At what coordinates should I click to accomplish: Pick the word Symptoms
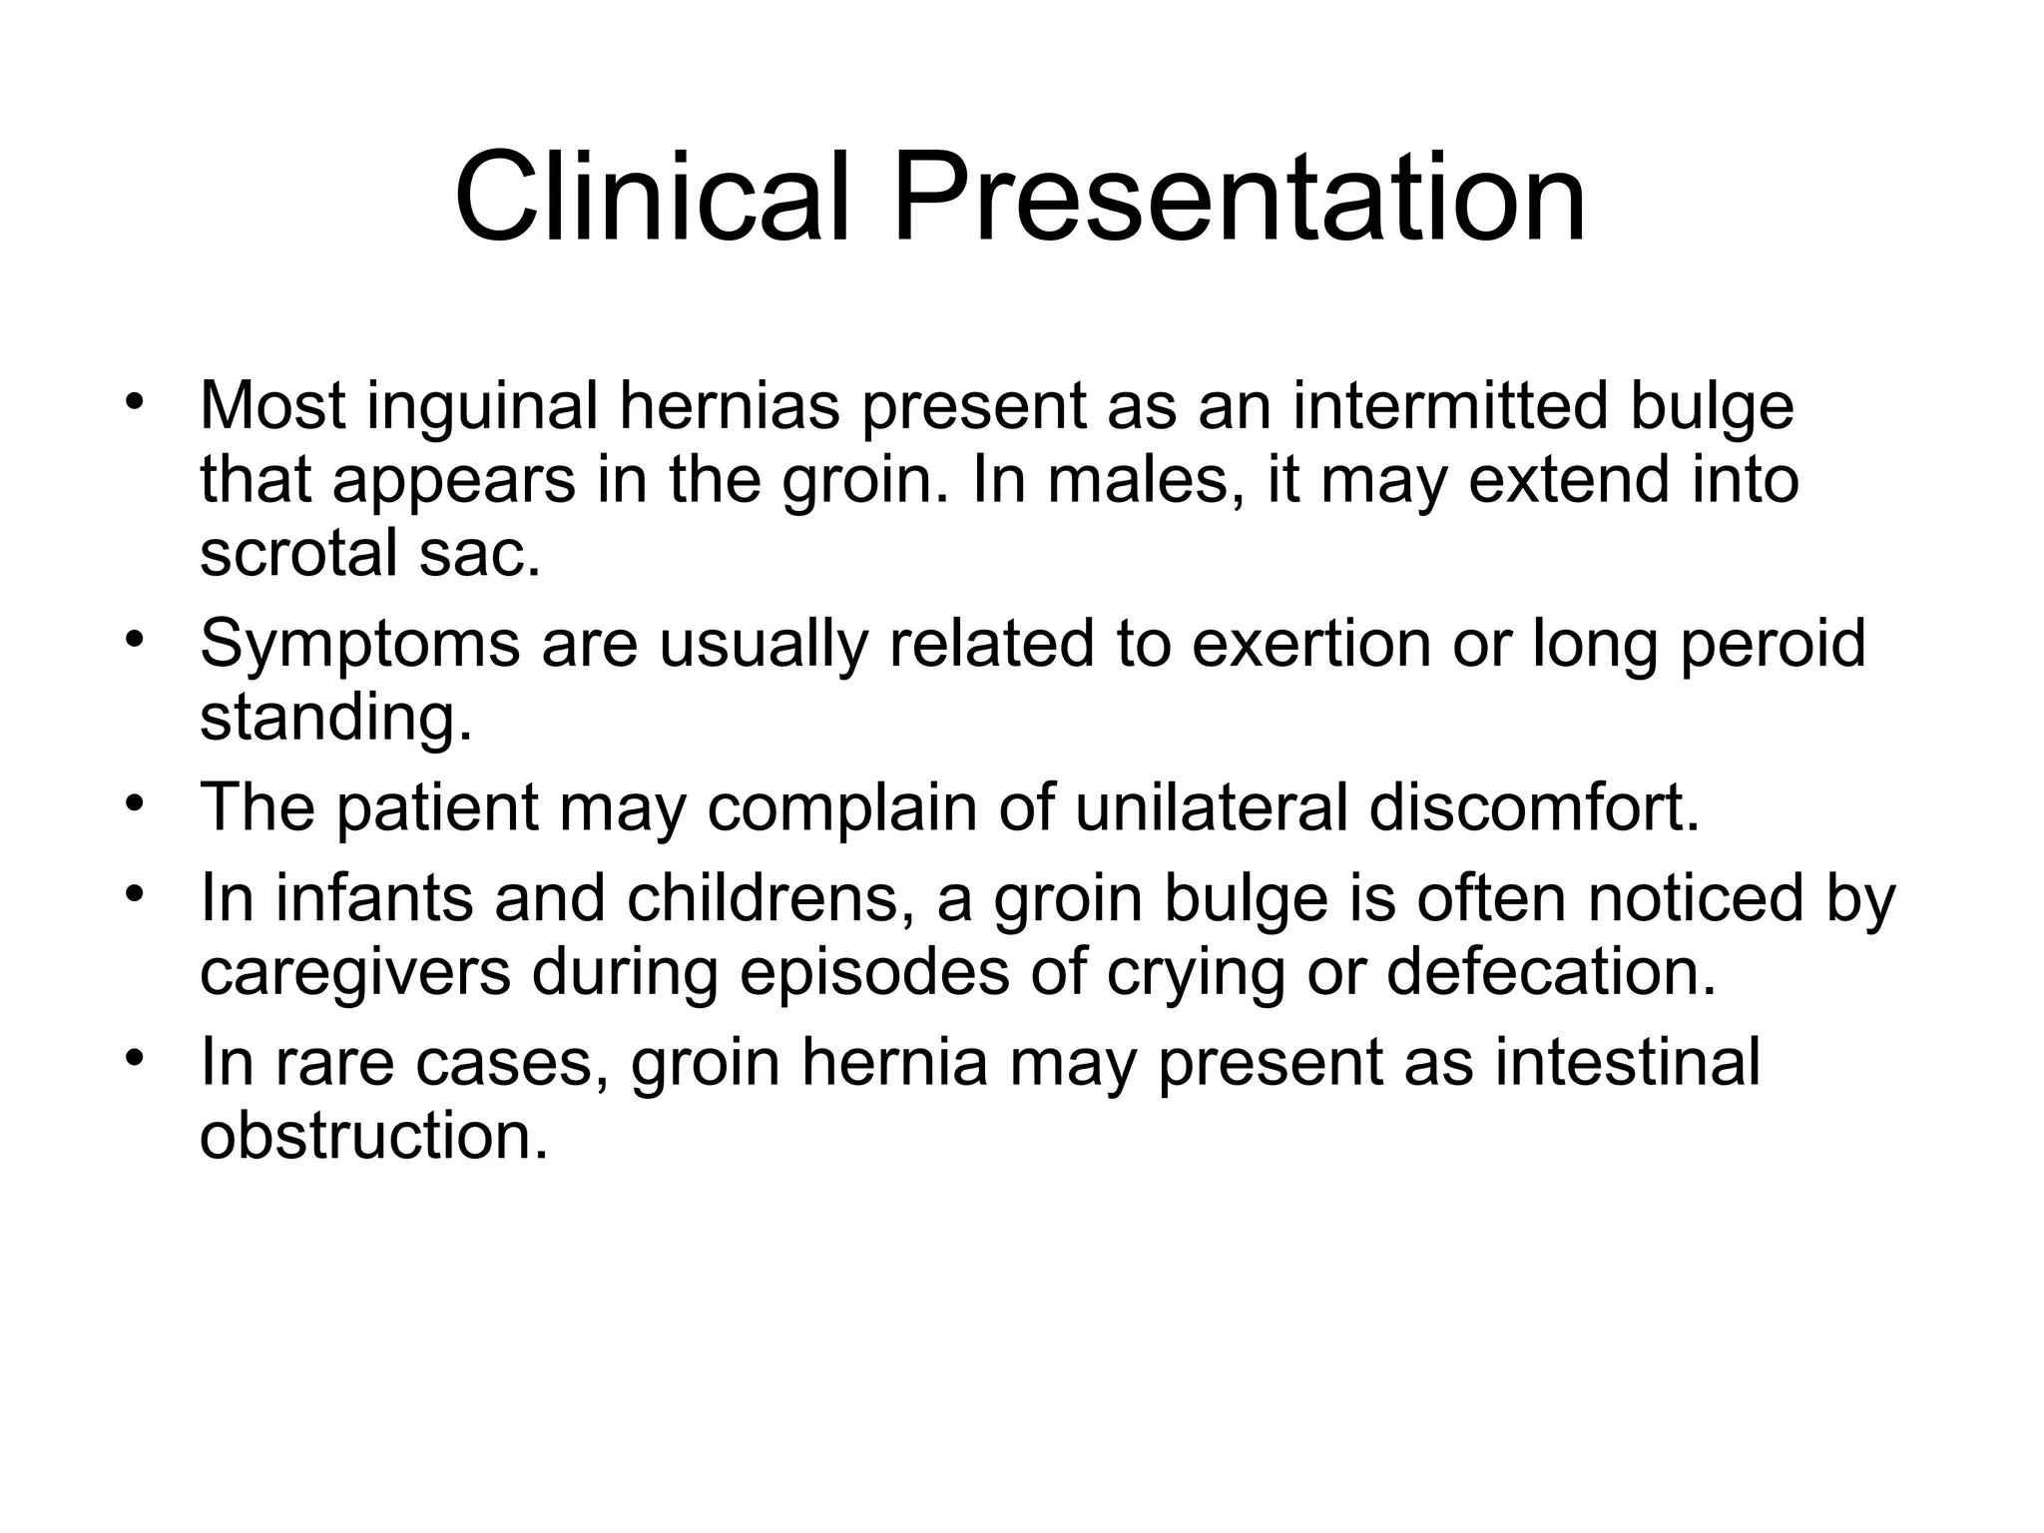point(359,644)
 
